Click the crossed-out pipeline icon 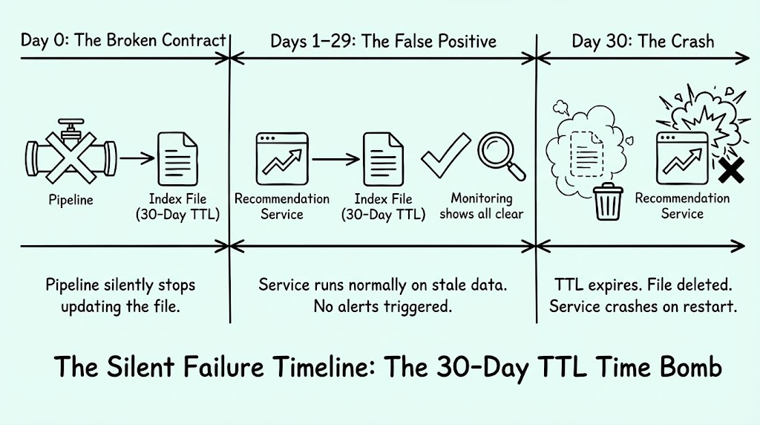click(x=70, y=156)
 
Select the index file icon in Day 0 click(x=176, y=158)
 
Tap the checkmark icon click(x=445, y=154)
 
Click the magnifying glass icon click(x=499, y=154)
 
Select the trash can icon click(x=607, y=201)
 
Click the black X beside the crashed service click(x=732, y=172)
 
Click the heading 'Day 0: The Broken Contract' click(x=123, y=40)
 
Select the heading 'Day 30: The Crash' click(x=643, y=40)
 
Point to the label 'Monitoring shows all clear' click(x=488, y=206)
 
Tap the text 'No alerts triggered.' click(x=381, y=306)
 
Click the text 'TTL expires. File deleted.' click(x=643, y=285)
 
